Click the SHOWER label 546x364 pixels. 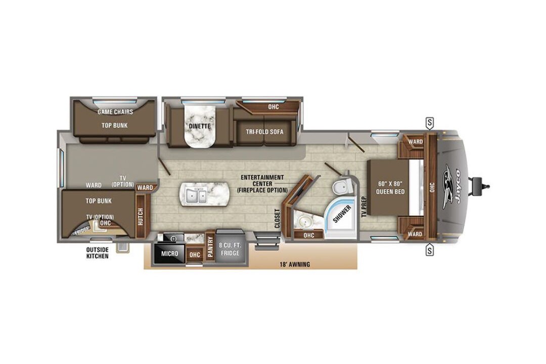tap(342, 214)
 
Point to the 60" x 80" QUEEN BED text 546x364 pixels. tap(390, 188)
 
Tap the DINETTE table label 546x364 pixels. tap(200, 126)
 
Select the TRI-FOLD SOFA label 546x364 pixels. tap(264, 131)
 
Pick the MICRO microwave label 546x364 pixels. tap(169, 254)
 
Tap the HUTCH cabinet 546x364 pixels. tap(141, 216)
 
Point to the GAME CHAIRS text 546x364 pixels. tap(115, 112)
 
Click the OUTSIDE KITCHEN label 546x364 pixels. tap(97, 253)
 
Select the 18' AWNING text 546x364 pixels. tap(294, 264)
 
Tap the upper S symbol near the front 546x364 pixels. tap(430, 123)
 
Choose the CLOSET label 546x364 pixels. tap(278, 218)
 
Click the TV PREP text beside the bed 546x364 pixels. tap(364, 207)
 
